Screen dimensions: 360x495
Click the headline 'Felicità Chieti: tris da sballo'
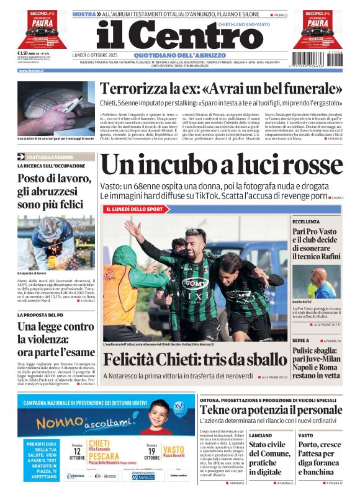coord(195,359)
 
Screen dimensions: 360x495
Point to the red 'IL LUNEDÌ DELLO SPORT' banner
coord(134,210)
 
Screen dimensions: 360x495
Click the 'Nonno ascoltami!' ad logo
coord(78,422)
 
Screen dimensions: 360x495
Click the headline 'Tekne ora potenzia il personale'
coord(271,410)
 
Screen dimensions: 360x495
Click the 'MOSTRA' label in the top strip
coord(84,14)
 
